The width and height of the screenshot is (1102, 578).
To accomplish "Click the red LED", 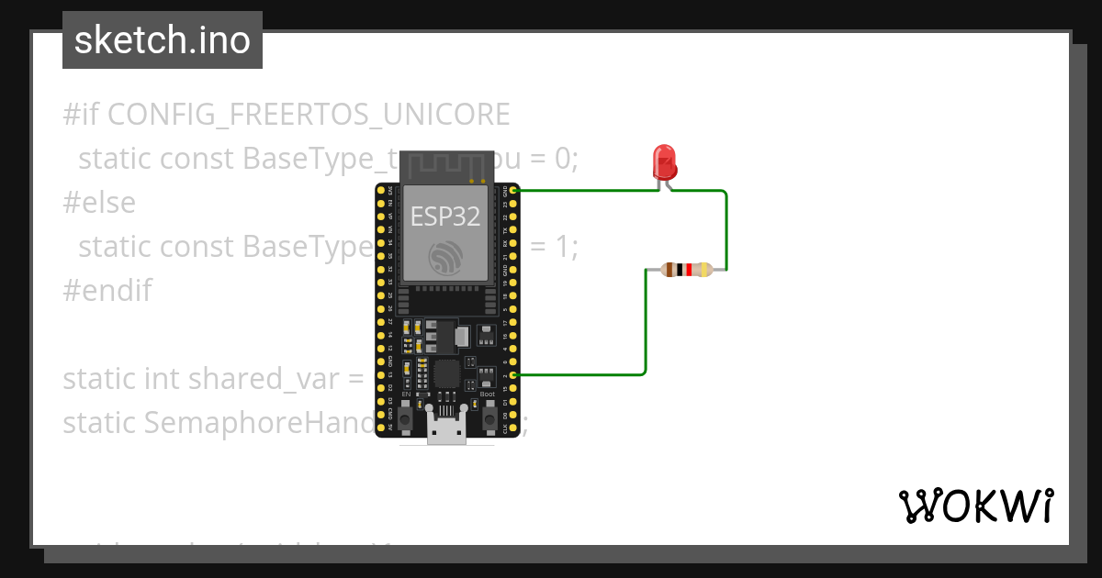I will pyautogui.click(x=664, y=161).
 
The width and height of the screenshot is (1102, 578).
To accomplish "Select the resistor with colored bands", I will pyautogui.click(x=686, y=270).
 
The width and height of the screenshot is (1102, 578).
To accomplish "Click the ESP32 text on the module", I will pyautogui.click(x=444, y=217).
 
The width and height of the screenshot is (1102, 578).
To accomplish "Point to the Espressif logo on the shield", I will pyautogui.click(x=445, y=258).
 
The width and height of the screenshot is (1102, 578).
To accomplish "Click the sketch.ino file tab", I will pyautogui.click(x=163, y=40).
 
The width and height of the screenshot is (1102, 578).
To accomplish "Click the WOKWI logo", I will pyautogui.click(x=975, y=506).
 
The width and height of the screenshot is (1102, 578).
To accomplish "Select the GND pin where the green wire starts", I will pyautogui.click(x=514, y=191).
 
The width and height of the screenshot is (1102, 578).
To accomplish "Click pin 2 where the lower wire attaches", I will pyautogui.click(x=514, y=375).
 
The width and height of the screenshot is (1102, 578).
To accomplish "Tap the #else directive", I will pyautogui.click(x=98, y=203).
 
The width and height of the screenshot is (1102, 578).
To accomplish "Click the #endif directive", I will pyautogui.click(x=107, y=291).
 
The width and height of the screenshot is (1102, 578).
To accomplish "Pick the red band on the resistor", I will pyautogui.click(x=688, y=270).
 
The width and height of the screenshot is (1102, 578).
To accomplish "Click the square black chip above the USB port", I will pyautogui.click(x=447, y=373).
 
